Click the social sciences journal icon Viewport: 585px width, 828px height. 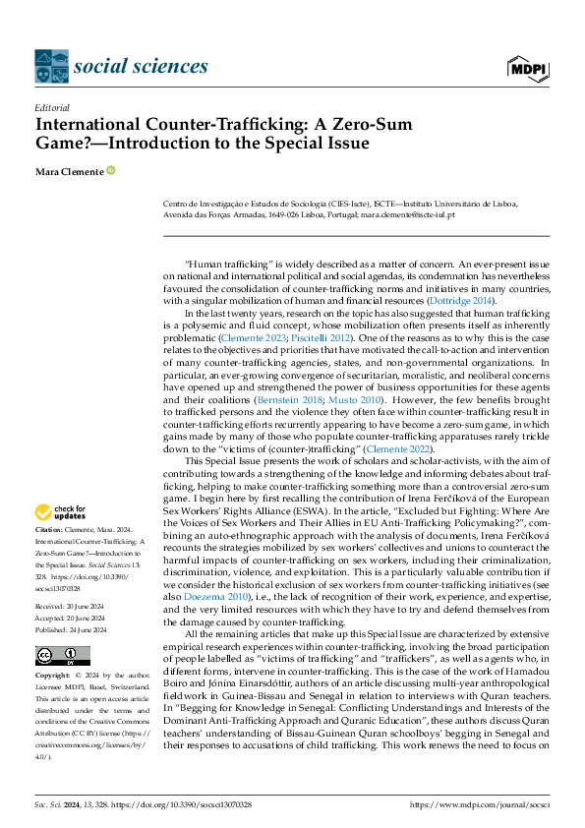point(51,67)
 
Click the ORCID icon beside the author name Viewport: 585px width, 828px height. point(111,170)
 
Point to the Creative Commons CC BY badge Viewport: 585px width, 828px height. point(62,655)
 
